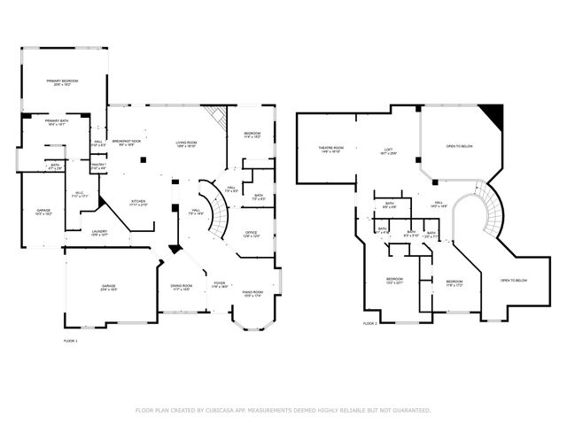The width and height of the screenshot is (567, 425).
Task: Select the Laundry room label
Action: pyautogui.click(x=100, y=233)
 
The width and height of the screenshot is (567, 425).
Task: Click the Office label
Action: pyautogui.click(x=251, y=233)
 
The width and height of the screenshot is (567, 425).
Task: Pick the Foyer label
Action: pyautogui.click(x=219, y=284)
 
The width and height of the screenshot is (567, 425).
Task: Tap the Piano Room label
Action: pyautogui.click(x=252, y=293)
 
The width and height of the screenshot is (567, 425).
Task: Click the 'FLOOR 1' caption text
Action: pyautogui.click(x=71, y=340)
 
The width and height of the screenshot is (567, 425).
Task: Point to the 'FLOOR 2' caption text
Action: pyautogui.click(x=370, y=323)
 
